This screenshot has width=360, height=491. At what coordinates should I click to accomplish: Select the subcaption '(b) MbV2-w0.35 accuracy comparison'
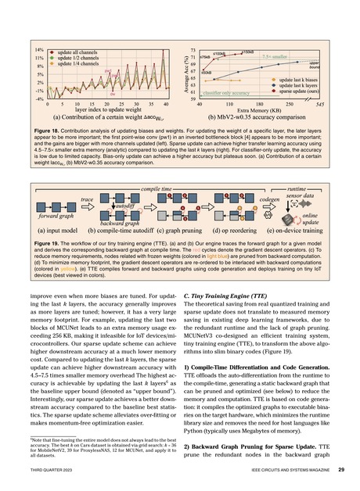263,120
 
